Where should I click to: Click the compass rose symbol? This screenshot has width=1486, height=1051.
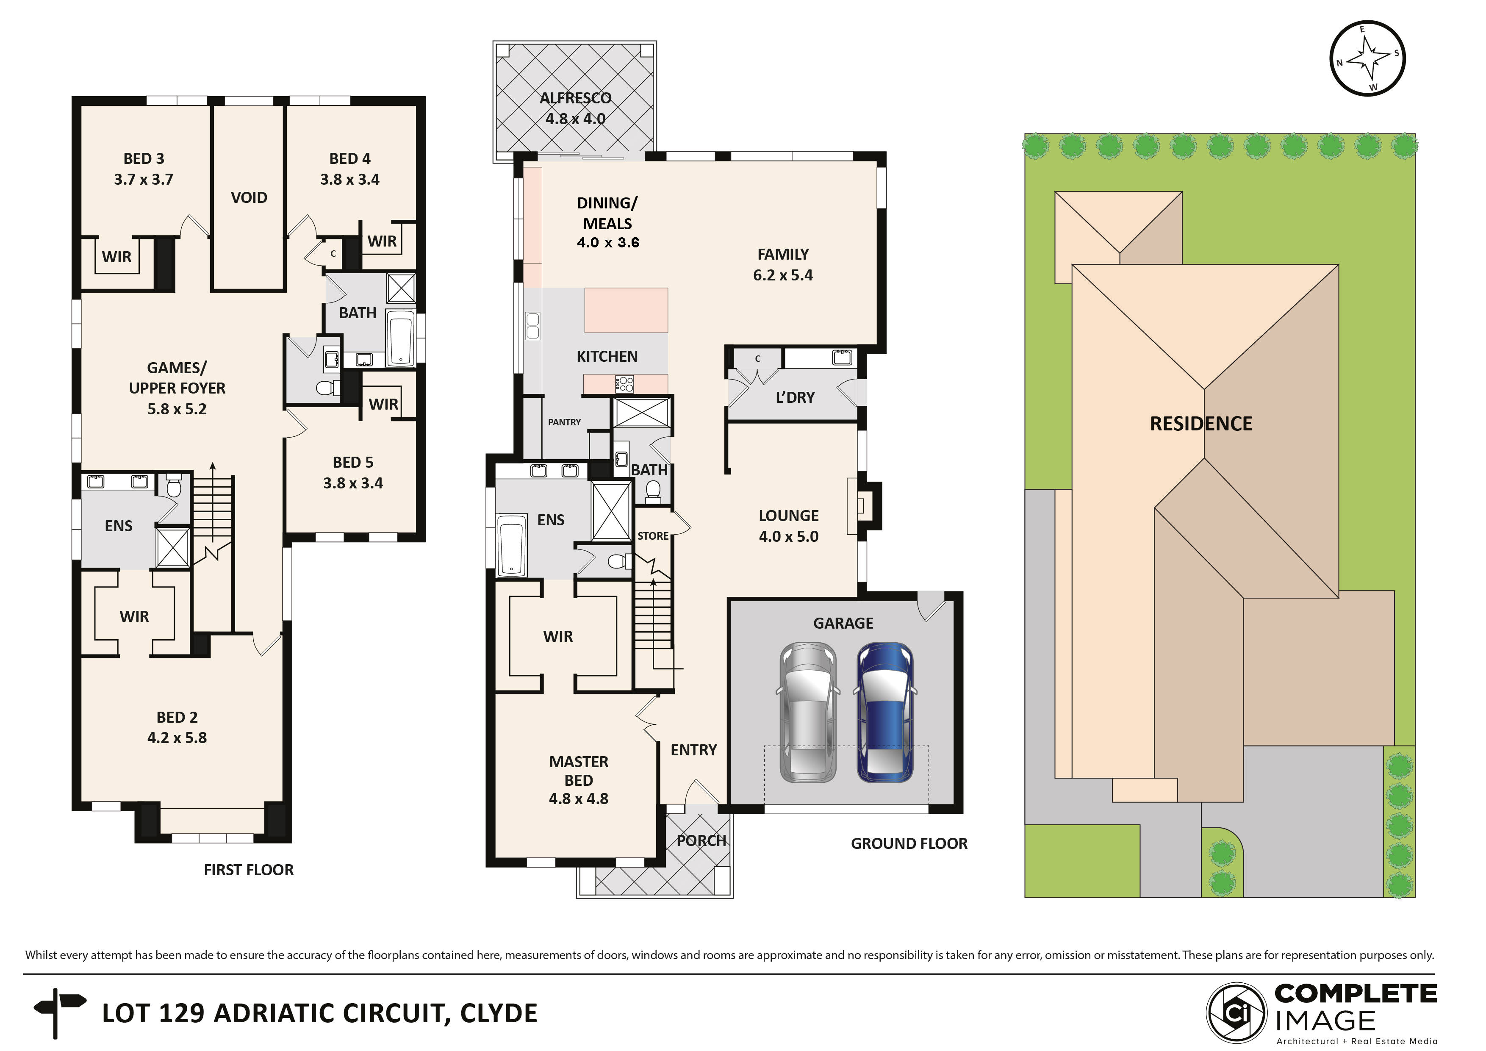tap(1367, 58)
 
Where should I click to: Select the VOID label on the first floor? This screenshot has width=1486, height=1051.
tap(249, 197)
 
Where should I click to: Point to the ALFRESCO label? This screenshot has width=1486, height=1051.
tap(575, 98)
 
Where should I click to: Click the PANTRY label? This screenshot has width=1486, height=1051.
tap(564, 422)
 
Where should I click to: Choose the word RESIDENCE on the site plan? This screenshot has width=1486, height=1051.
tap(1200, 424)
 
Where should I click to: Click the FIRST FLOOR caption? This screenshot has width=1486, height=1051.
tap(249, 870)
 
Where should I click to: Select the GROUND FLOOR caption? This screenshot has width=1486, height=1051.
tap(909, 844)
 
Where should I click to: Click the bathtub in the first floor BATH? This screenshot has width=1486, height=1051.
tap(401, 338)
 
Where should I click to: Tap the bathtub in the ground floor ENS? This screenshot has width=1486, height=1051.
tap(511, 545)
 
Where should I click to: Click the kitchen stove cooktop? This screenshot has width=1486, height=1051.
tap(624, 384)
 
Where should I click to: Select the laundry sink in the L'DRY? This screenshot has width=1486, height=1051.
tap(842, 357)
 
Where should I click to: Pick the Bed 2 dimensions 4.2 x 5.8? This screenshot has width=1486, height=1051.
tap(177, 738)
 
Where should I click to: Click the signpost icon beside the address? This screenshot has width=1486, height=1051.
tap(60, 1013)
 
